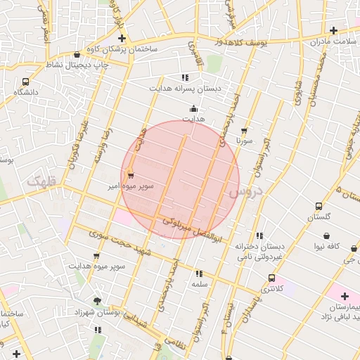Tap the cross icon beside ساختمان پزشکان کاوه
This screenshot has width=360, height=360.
click(x=122, y=38)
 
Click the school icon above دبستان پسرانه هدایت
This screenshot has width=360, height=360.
click(x=185, y=77)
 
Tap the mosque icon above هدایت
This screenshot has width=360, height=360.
click(x=194, y=109)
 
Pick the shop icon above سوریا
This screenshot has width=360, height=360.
click(x=244, y=131)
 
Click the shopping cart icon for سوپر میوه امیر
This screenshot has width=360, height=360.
click(x=131, y=176)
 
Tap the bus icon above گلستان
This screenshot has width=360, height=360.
click(x=319, y=207)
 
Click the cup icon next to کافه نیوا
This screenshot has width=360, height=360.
click(x=354, y=247)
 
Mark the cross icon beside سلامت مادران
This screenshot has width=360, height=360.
click(x=333, y=30)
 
